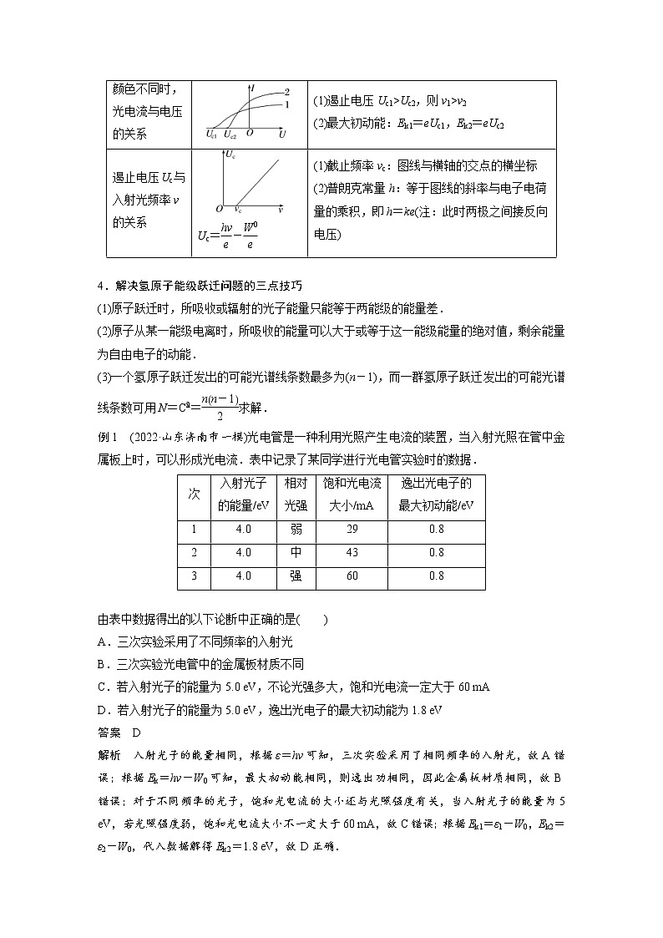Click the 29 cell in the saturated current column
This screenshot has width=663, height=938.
coord(352,530)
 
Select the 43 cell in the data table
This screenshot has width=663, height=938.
coord(352,553)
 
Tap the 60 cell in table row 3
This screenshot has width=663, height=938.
coord(352,576)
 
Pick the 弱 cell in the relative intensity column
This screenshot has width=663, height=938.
coord(296,530)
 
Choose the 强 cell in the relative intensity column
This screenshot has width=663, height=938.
coord(296,576)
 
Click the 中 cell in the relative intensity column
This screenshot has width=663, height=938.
coord(296,553)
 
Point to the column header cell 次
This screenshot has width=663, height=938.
coord(194,494)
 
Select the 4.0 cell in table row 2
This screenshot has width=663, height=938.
coord(243,553)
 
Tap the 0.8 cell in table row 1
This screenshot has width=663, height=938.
coord(436,530)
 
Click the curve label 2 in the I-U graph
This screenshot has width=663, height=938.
coord(286,91)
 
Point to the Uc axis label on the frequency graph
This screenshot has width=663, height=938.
coord(231,155)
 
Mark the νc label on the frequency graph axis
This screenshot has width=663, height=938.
coord(238,210)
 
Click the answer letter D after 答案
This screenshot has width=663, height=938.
coord(137,733)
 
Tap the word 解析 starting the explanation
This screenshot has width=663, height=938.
coord(109,755)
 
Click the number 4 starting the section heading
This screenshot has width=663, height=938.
coord(101,286)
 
